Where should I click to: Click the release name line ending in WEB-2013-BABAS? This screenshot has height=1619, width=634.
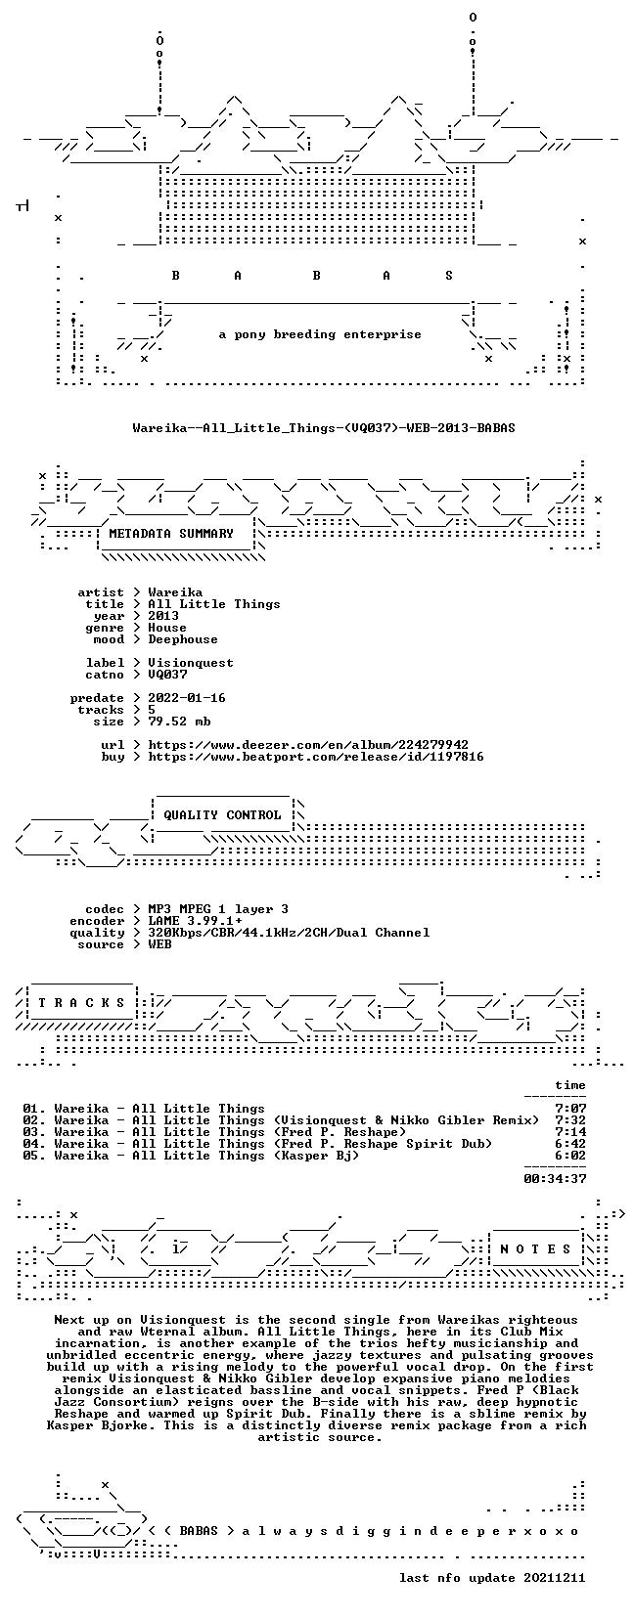pyautogui.click(x=324, y=428)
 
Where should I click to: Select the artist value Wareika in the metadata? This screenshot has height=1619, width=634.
pyautogui.click(x=175, y=592)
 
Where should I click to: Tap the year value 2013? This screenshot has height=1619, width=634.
pyautogui.click(x=163, y=616)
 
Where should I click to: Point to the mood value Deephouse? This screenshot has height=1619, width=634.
pyautogui.click(x=183, y=639)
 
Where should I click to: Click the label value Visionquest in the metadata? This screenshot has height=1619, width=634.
pyautogui.click(x=191, y=663)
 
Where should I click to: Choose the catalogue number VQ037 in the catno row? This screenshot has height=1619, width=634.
pyautogui.click(x=167, y=675)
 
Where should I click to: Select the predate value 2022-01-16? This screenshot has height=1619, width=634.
pyautogui.click(x=187, y=698)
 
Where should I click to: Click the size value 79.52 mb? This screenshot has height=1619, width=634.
pyautogui.click(x=179, y=722)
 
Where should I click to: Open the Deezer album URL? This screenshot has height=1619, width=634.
pyautogui.click(x=308, y=744)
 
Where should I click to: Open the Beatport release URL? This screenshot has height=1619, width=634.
pyautogui.click(x=316, y=757)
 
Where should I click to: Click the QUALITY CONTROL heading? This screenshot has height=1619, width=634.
pyautogui.click(x=222, y=815)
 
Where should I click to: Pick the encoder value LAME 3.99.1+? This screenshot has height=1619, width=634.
pyautogui.click(x=195, y=921)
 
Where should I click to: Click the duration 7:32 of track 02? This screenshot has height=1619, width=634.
pyautogui.click(x=570, y=1120)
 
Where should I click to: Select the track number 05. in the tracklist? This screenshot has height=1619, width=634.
pyautogui.click(x=34, y=1156)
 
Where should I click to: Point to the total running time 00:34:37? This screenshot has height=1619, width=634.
pyautogui.click(x=555, y=1179)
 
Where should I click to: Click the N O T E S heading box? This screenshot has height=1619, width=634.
pyautogui.click(x=535, y=1248)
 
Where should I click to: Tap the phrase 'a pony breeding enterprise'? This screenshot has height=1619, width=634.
pyautogui.click(x=320, y=334)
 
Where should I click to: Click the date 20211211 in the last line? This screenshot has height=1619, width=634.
pyautogui.click(x=555, y=1578)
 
